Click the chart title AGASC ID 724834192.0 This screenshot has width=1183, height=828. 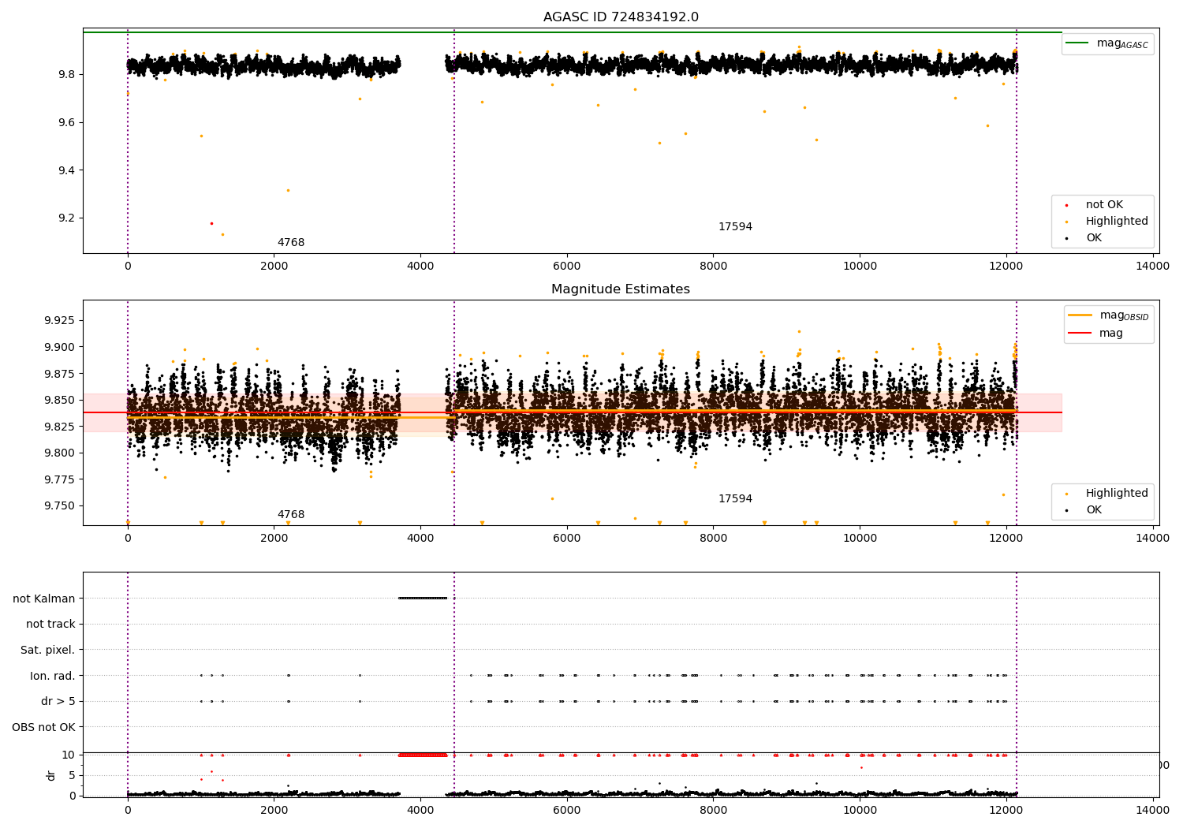click(621, 17)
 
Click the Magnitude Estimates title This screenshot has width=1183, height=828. click(621, 289)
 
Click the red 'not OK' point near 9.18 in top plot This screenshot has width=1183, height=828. click(211, 223)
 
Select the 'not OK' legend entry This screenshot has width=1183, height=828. click(1104, 205)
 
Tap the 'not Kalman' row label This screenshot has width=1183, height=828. click(44, 599)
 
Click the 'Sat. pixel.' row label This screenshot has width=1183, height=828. click(47, 650)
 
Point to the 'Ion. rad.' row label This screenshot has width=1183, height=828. click(53, 676)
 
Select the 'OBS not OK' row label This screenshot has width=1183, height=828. click(43, 727)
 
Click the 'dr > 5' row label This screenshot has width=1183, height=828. click(58, 701)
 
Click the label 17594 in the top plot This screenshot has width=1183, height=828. click(735, 227)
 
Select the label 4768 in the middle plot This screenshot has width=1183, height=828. click(291, 515)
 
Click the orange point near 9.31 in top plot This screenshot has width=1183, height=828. click(288, 190)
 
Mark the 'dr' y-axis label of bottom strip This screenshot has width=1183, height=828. click(51, 775)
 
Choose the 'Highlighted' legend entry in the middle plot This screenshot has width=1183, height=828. click(1116, 493)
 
